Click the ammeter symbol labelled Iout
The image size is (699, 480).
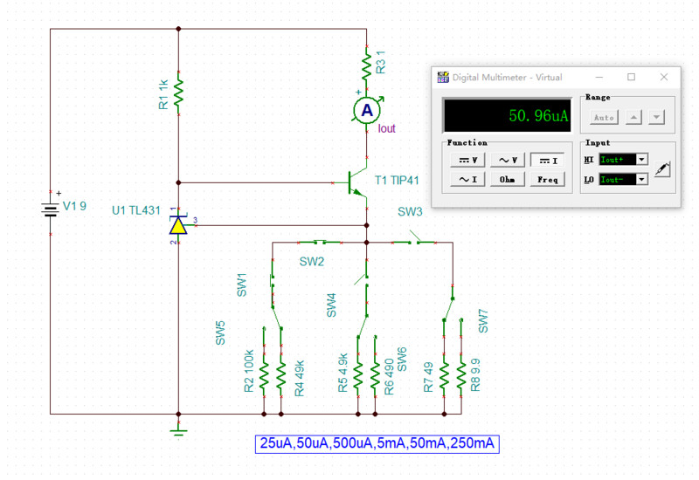pos(367,109)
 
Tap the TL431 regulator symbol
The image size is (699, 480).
pos(178,225)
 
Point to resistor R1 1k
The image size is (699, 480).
pos(178,92)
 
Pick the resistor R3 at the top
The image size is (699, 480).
pos(367,64)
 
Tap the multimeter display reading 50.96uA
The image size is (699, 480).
pos(507,115)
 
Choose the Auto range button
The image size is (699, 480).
pos(604,117)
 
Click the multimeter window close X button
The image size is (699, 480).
pos(665,77)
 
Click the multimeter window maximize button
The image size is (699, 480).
pos(632,77)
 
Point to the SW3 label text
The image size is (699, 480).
pos(410,212)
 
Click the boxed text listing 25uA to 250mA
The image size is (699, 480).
pos(377,443)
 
